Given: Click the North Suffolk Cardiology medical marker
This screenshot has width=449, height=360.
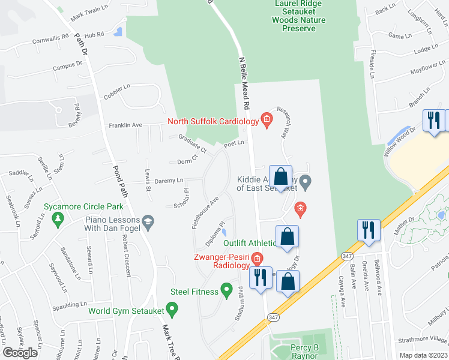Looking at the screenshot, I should [x=267, y=121].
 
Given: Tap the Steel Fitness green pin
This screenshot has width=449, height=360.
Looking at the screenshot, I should [x=226, y=292].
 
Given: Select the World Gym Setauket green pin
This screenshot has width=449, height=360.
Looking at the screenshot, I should [x=173, y=310].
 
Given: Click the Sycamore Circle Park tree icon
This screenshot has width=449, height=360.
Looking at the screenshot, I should [x=58, y=220].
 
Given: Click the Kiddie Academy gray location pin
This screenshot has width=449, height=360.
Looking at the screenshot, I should [x=305, y=181].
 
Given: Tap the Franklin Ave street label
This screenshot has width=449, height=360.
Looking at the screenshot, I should [x=125, y=125].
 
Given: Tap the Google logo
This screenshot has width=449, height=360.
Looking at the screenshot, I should [x=20, y=353].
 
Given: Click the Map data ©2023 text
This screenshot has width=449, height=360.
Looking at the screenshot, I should [x=423, y=355].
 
